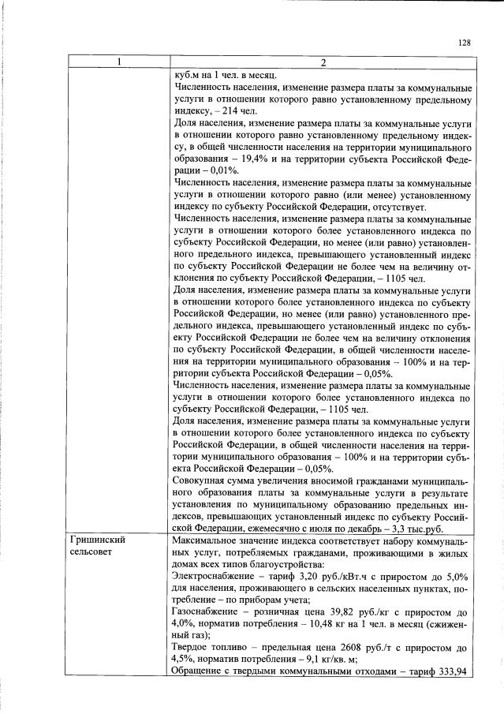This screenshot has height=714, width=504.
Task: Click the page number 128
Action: [464, 43]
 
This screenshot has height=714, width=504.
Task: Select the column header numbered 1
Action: [118, 62]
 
